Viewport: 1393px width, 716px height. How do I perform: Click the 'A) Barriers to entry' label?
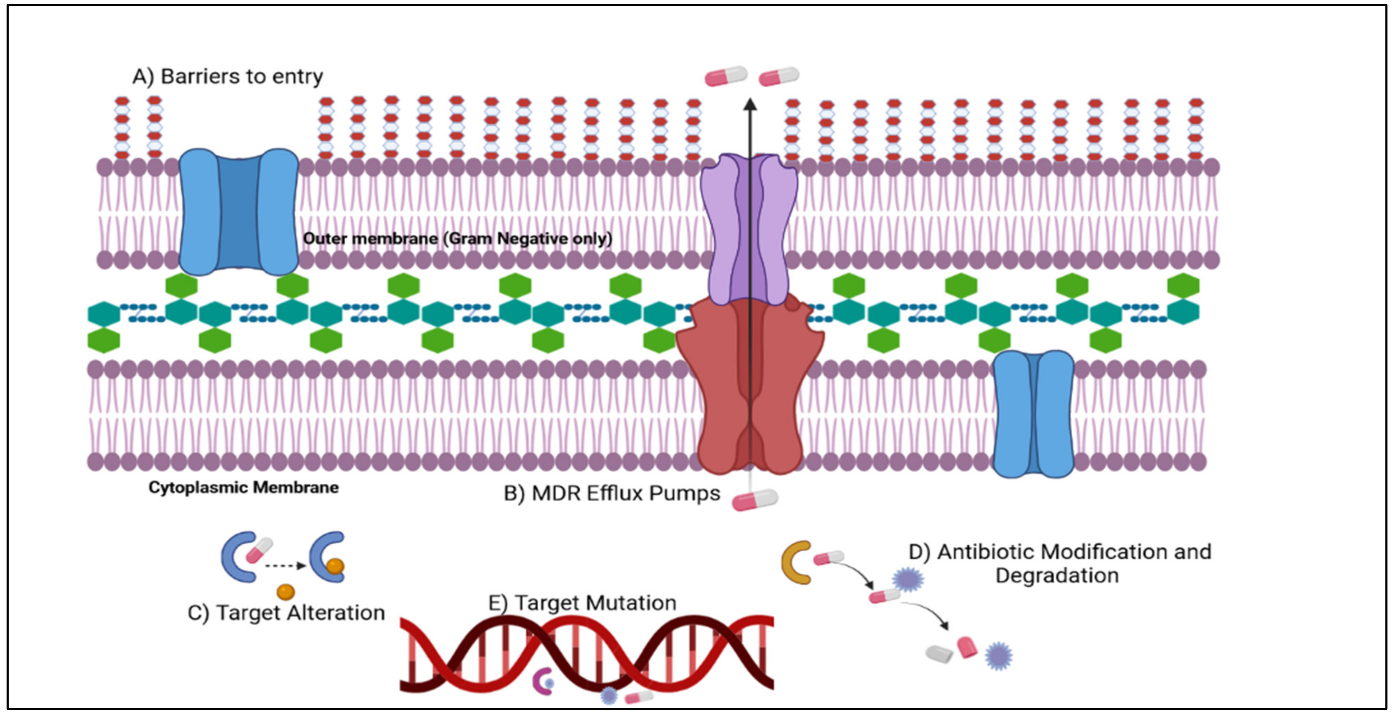click(228, 77)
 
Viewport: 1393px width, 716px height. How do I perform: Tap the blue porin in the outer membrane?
click(239, 212)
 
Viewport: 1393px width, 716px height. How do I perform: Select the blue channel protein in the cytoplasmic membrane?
click(1033, 414)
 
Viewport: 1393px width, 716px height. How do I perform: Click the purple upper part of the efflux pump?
click(749, 227)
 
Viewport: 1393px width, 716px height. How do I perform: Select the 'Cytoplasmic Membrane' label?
click(243, 487)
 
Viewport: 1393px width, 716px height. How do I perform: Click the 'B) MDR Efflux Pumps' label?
click(612, 494)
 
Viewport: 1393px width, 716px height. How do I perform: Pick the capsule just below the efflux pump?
click(755, 500)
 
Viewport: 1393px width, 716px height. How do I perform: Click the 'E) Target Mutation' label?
click(582, 603)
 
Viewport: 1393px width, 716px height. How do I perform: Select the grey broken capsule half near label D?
click(939, 654)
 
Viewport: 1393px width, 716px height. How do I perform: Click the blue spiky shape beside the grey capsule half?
click(998, 656)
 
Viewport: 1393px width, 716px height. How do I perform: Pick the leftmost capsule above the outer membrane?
click(726, 76)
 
